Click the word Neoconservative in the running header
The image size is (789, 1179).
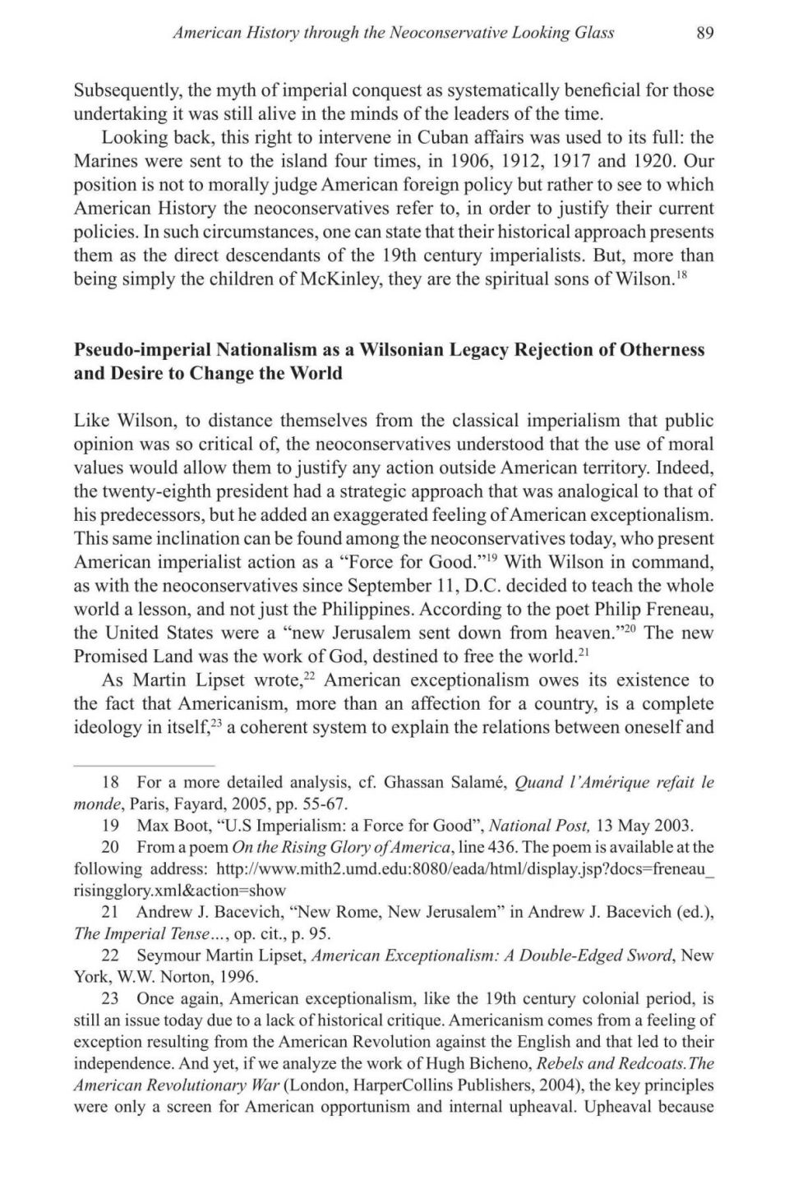point(449,33)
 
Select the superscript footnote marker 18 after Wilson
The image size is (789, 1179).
point(682,274)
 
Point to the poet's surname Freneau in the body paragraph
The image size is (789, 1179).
point(677,610)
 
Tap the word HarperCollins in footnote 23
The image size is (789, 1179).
point(403,1085)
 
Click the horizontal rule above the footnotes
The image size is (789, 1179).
point(144,764)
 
